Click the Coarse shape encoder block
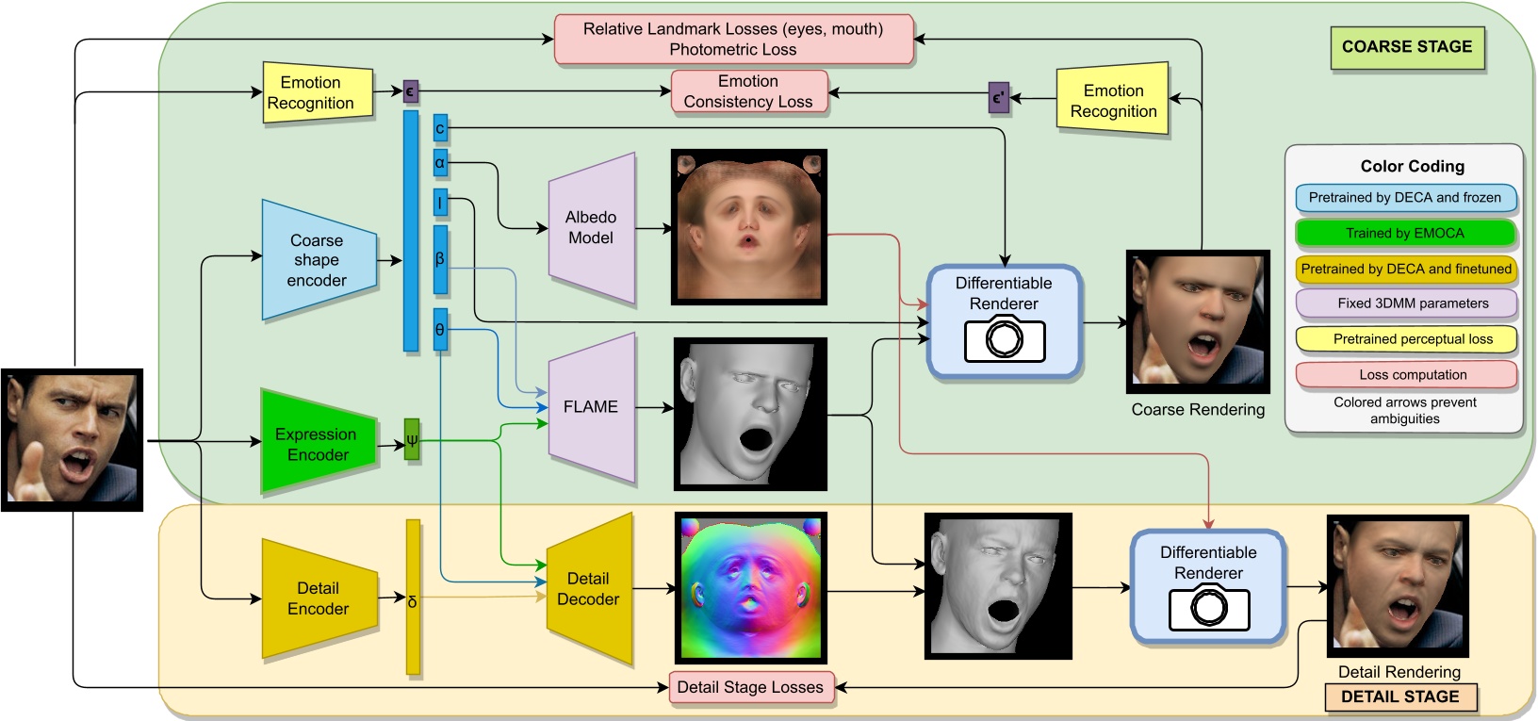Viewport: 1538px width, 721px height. pos(318,260)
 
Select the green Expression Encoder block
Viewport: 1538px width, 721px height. pos(317,444)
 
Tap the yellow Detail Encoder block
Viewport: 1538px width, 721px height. pos(318,598)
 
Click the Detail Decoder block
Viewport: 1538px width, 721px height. pos(589,589)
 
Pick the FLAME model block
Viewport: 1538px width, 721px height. pos(591,407)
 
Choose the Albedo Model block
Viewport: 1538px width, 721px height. pos(591,228)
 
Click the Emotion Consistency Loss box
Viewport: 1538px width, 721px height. pos(748,91)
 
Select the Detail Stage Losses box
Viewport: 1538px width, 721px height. pos(750,687)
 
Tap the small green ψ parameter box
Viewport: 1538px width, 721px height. pos(412,439)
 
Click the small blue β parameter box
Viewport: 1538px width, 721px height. pos(440,259)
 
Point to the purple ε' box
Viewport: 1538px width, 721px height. pos(999,97)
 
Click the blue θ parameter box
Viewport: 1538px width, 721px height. pos(440,330)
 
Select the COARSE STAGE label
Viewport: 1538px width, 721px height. pos(1406,47)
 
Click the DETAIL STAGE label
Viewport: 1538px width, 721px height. pos(1399,697)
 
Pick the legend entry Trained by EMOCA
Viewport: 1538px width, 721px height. pos(1404,233)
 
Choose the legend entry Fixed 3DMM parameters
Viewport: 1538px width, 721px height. pos(1404,303)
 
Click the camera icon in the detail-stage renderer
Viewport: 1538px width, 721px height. pos(1209,608)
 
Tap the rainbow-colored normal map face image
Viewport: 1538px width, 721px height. pos(750,588)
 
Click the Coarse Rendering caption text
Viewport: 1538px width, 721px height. pos(1198,410)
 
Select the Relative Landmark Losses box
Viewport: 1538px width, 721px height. pos(733,40)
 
